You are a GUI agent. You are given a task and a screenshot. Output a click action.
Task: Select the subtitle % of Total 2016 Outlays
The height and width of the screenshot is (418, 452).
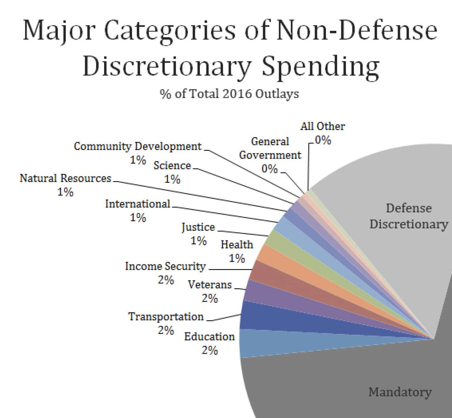[x=229, y=94]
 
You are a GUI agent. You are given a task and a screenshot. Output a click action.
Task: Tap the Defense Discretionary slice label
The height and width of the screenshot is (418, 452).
[x=409, y=216]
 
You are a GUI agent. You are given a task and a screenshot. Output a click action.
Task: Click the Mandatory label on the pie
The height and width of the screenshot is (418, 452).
[x=400, y=392]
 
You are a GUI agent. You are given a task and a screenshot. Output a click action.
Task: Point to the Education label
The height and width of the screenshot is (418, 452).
[x=209, y=337]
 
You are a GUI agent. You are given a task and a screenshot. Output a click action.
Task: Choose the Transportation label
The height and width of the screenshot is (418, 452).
[x=166, y=317]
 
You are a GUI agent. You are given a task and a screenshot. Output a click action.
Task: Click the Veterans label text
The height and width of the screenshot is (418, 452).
[x=209, y=284]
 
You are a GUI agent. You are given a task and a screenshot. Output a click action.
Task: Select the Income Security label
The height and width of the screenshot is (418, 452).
[x=165, y=266]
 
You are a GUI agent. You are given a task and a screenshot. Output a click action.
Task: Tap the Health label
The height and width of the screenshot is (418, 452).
[x=237, y=245]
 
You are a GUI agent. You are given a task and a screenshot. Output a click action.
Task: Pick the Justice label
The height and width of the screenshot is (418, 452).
[x=198, y=227]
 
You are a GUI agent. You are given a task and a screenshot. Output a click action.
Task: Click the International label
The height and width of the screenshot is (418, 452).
[x=137, y=204]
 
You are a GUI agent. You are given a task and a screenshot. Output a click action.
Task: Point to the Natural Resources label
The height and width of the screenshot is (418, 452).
[x=65, y=178]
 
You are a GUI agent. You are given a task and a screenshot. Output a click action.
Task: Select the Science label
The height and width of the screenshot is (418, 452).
[x=172, y=166]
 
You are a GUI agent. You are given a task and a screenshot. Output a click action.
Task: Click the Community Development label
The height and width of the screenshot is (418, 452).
[x=137, y=146]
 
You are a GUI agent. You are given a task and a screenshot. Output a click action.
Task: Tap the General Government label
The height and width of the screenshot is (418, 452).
[x=270, y=148]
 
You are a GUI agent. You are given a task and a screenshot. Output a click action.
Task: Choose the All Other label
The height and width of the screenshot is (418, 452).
[x=322, y=126]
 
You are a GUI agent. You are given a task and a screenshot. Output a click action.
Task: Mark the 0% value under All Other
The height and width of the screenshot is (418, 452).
[x=323, y=140]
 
